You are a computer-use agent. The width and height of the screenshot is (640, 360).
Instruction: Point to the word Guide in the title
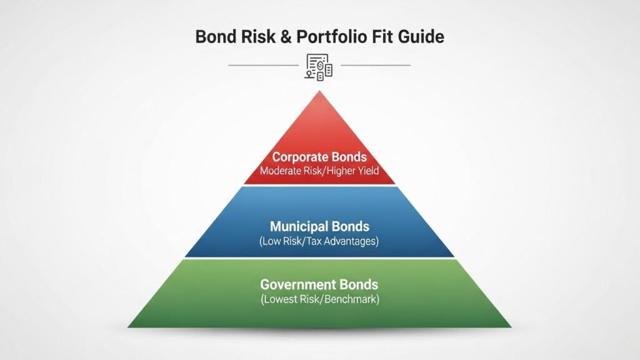click(x=422, y=36)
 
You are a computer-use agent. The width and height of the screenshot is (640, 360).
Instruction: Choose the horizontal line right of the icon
click(x=375, y=65)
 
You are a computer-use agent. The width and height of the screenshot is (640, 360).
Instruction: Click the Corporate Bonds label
click(x=319, y=157)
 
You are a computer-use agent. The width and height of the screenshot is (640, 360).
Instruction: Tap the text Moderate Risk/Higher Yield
click(x=319, y=171)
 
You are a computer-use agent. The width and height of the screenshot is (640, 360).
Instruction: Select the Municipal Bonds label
click(x=319, y=226)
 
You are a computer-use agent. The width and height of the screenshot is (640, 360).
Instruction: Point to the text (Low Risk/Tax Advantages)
click(x=319, y=241)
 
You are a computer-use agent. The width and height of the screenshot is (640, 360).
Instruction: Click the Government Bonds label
click(x=319, y=285)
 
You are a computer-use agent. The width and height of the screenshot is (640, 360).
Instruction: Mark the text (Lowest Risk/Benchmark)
click(x=319, y=299)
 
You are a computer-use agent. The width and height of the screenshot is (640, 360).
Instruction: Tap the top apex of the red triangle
click(x=319, y=92)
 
